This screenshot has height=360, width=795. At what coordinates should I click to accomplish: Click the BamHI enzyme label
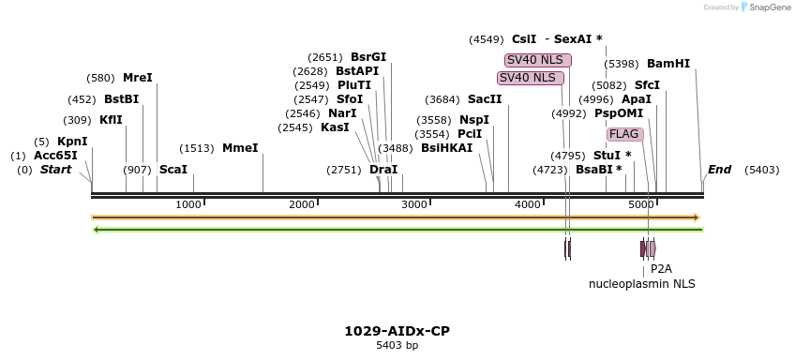[667, 64]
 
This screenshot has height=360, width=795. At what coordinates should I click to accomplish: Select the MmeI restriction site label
[240, 148]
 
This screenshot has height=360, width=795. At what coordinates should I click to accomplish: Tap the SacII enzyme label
[485, 99]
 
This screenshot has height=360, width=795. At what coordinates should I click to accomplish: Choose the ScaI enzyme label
[173, 170]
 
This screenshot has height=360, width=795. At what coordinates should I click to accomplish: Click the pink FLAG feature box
[624, 134]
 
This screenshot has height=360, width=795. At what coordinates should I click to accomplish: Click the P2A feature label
[661, 268]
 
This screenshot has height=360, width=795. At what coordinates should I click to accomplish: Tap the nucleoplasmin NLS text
[641, 283]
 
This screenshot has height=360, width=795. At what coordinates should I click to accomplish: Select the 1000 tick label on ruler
[188, 204]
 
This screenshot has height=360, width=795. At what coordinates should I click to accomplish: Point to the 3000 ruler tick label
[414, 204]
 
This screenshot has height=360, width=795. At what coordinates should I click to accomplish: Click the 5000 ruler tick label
[640, 204]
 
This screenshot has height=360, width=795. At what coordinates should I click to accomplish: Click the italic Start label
[55, 170]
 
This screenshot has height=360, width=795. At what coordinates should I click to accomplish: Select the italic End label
[719, 170]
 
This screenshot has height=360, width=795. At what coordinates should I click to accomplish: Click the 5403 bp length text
[397, 346]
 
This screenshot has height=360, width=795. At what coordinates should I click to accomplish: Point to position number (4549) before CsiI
[487, 39]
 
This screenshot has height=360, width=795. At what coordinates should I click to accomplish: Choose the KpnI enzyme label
[72, 142]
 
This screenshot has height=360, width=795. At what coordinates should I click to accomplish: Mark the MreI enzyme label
[137, 78]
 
